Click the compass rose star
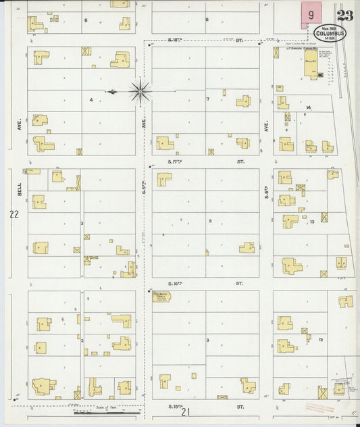tap(140, 91)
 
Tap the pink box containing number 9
tap(311, 15)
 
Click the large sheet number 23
tap(344, 16)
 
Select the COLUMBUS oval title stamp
tap(330, 34)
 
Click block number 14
tap(308, 107)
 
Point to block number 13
tap(311, 222)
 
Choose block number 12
tap(322, 339)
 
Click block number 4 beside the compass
tap(91, 100)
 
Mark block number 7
tap(208, 99)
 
